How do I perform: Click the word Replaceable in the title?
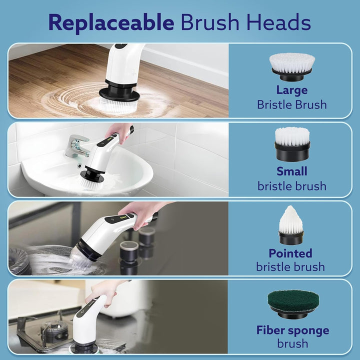point(111,23)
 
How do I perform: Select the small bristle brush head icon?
point(292,144)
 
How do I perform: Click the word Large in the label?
point(292,90)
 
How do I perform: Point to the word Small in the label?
point(292,171)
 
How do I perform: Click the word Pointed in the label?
point(290,253)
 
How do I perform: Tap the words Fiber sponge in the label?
point(293,330)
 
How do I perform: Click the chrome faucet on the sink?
point(78,145)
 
